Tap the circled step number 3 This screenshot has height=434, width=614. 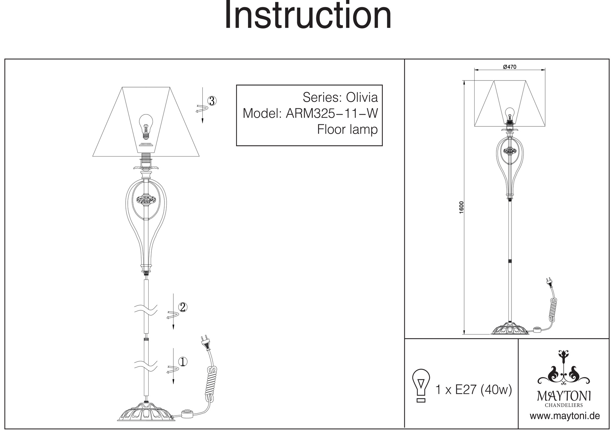pos(212,101)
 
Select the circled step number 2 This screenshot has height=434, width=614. pos(183,307)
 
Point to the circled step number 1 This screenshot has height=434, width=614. pos(183,362)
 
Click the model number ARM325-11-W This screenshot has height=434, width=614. pos(332,114)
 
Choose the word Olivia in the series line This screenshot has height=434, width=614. pos(362,98)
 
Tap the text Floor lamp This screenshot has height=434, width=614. pos(347,130)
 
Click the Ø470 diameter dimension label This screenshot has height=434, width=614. pos(510,67)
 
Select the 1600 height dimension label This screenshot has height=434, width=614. pos(461,207)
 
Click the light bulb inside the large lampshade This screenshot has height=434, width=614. pos(146,126)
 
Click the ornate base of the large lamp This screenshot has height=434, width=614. pos(146,413)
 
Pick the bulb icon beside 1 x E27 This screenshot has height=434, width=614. pos(421,385)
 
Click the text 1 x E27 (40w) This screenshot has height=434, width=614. pos(474,390)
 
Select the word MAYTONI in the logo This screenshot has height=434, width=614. pos(564,396)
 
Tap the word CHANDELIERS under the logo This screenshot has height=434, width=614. pos(564,405)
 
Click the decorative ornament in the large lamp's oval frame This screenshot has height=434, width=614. pos(146,200)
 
